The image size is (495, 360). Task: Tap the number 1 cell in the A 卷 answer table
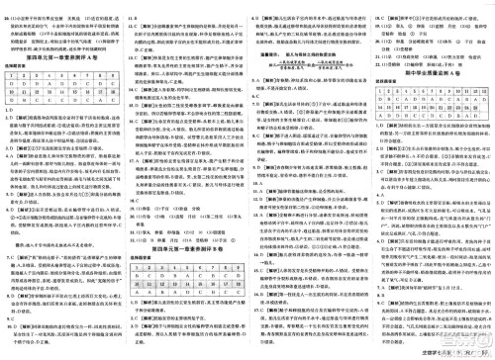coord(12,83)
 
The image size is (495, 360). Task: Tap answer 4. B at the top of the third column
coord(257,9)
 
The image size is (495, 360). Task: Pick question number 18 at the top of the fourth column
coord(377,9)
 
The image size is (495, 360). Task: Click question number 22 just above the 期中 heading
coord(377,51)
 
